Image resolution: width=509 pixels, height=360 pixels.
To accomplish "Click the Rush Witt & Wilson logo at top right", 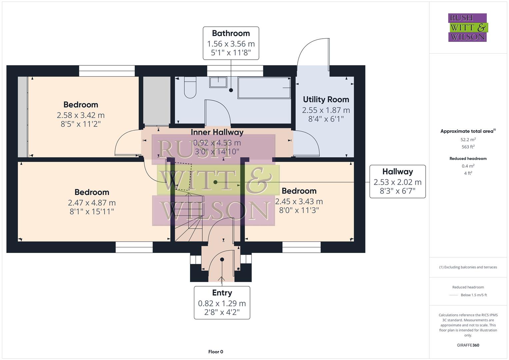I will (x=467, y=27).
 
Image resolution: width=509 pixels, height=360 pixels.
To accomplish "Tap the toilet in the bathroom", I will (x=190, y=87).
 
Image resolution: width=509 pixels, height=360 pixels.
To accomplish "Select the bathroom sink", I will (x=218, y=82).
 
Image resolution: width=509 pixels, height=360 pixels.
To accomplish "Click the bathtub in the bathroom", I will (x=264, y=88).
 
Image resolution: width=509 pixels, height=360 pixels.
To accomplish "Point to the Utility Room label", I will (x=326, y=99).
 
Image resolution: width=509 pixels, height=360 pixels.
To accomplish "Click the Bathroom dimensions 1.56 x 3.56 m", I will (x=231, y=44).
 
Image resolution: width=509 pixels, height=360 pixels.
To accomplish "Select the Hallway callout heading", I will (x=397, y=172).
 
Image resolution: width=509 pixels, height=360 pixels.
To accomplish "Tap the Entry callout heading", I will (x=222, y=293).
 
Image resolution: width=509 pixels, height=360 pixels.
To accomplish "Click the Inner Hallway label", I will (x=217, y=132).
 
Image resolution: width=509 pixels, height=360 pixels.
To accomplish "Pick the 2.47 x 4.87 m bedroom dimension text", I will (x=92, y=203).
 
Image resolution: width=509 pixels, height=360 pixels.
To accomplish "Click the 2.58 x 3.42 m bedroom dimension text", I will (x=81, y=115).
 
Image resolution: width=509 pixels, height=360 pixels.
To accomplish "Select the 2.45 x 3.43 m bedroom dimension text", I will (x=299, y=201).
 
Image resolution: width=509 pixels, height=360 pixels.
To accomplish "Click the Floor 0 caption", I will (x=216, y=352).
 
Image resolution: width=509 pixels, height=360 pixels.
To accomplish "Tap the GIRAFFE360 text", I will (x=468, y=345).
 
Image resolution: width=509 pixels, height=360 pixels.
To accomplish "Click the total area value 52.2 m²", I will (x=468, y=140).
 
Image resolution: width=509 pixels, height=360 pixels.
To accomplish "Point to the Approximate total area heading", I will (x=468, y=131).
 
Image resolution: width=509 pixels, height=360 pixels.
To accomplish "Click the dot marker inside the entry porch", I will (x=222, y=259).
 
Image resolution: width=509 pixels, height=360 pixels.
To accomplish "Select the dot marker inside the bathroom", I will (x=231, y=90).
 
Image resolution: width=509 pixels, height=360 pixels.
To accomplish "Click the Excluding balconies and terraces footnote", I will (x=468, y=267).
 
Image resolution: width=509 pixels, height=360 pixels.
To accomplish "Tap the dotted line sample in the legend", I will (x=454, y=295).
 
